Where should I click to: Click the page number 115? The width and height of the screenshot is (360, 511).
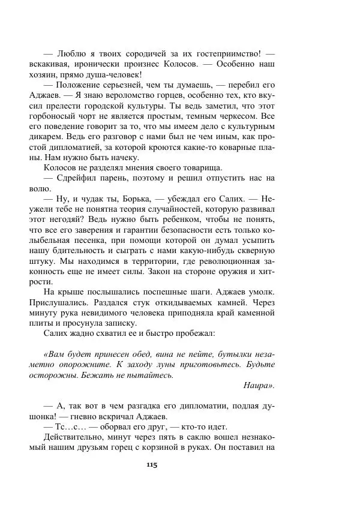151,464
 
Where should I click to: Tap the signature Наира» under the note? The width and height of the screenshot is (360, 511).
259,386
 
